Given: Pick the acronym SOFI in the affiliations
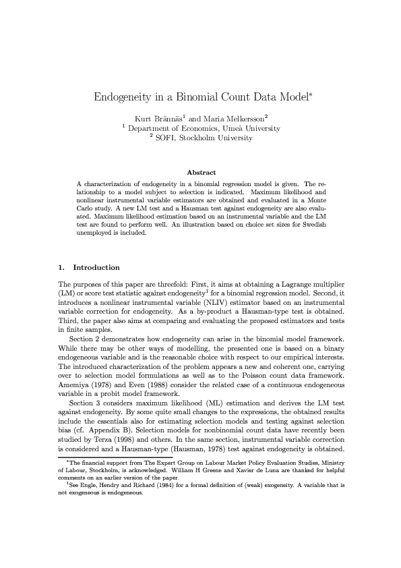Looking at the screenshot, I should tap(165, 138).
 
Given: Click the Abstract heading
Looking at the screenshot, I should tap(200, 173).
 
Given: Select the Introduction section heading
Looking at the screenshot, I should tap(96, 267).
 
